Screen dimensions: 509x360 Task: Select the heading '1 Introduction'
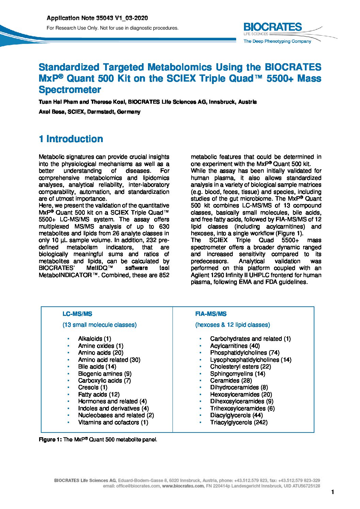pos(71,139)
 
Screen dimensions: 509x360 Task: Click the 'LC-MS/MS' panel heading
pos(77,314)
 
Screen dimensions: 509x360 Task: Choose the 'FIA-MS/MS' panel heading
pos(211,314)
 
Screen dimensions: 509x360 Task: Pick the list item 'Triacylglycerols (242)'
pos(239,422)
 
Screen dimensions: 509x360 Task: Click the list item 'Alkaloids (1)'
pos(94,339)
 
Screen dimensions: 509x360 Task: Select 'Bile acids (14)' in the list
pos(97,367)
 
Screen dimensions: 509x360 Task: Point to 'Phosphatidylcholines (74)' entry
pos(244,353)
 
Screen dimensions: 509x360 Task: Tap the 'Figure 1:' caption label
pos(50,440)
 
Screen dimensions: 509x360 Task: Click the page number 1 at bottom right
pos(332,492)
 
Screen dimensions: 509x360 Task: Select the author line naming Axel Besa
pos(89,112)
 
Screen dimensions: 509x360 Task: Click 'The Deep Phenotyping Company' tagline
pos(277,41)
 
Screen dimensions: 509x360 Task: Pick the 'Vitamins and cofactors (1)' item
pos(113,422)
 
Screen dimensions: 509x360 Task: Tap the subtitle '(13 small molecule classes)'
pos(99,325)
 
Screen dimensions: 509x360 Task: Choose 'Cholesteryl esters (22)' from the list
pos(240,367)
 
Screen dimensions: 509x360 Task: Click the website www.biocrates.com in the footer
pos(183,486)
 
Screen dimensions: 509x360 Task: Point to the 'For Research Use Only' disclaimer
pos(112,28)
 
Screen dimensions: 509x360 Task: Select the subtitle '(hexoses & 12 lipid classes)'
pos(232,325)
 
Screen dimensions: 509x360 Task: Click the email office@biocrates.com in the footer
pos(131,486)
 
